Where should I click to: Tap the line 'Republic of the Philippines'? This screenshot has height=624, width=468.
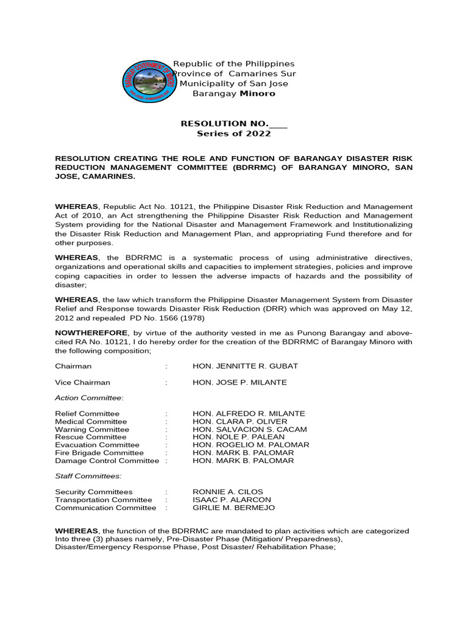pos(234,64)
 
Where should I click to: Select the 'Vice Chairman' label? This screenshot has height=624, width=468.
pos(83,383)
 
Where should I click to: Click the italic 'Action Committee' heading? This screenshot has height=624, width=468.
pos(89,398)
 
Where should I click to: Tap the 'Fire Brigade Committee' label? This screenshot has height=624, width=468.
pos(99,453)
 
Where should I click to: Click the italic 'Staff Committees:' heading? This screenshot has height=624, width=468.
pos(88,476)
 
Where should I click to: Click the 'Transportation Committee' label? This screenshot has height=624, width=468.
pos(104,500)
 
